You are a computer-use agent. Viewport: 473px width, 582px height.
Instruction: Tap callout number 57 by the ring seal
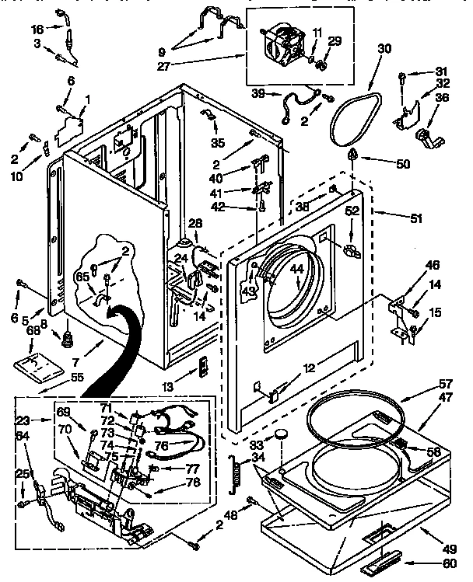[x=444, y=385]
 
